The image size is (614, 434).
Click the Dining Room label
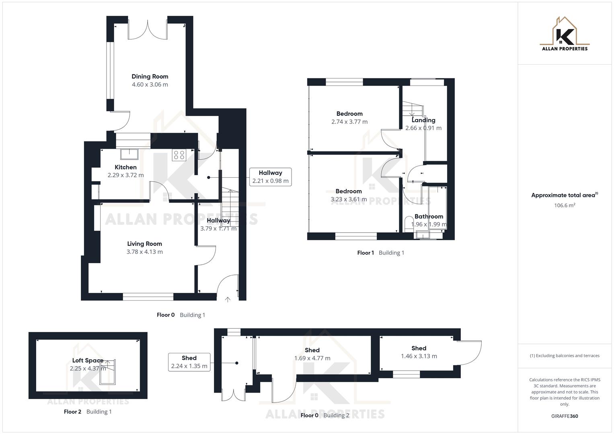(150, 76)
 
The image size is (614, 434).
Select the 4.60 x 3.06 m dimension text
(150, 85)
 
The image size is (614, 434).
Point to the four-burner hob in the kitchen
(179, 155)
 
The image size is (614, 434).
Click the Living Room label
(144, 244)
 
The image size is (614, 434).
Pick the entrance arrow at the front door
(228, 299)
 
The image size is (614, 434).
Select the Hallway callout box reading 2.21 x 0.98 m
(270, 177)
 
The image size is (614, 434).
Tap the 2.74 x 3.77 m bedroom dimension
(349, 122)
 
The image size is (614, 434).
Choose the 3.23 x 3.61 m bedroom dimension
(349, 199)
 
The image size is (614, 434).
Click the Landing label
(423, 120)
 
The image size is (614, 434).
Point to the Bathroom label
(429, 216)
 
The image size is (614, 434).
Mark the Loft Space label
(88, 360)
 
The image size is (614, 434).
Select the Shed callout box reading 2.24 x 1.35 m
(189, 362)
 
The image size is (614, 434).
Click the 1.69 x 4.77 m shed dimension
(312, 358)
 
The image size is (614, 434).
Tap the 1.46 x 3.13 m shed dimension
(419, 356)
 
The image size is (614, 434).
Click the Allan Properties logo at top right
(565, 34)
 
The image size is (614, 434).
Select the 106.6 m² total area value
(565, 205)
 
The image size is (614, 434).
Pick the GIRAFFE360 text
(565, 416)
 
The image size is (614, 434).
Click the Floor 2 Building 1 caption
(88, 411)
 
